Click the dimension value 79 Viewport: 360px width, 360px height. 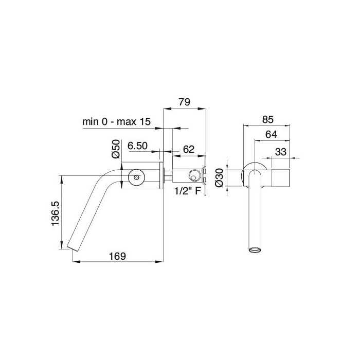(x=184, y=102)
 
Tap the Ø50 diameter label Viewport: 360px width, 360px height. (x=116, y=149)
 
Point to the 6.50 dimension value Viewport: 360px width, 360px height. (x=138, y=146)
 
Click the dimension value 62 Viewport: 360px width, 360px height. (x=189, y=149)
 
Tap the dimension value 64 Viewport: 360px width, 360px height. (x=272, y=135)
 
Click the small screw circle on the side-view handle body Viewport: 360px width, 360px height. (x=136, y=177)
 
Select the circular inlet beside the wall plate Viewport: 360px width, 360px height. (x=194, y=175)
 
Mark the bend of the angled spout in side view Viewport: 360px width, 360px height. (x=103, y=180)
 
